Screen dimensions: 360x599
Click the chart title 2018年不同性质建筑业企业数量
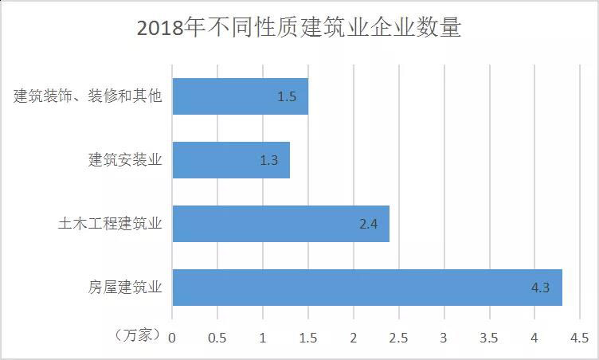point(299,28)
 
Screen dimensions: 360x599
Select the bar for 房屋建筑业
point(366,288)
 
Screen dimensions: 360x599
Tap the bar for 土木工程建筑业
point(280,224)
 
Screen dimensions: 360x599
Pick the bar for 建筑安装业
point(231,160)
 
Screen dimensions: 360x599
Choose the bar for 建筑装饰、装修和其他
point(240,96)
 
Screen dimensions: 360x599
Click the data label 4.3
point(540,288)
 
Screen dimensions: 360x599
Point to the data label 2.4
point(367,224)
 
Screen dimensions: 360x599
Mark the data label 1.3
point(268,160)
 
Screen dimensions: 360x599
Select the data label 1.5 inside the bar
point(287,96)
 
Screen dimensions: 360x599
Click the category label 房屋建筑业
point(125,288)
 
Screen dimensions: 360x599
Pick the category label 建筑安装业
point(125,160)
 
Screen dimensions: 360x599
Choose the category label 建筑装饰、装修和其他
point(88,96)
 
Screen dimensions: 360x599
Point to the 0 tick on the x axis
point(172,337)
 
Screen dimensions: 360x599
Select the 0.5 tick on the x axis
point(217,337)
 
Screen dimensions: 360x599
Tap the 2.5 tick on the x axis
point(398,337)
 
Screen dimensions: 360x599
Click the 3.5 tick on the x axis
point(489,337)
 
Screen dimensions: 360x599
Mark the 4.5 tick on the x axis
point(580,337)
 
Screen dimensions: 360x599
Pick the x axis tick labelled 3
point(444,337)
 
